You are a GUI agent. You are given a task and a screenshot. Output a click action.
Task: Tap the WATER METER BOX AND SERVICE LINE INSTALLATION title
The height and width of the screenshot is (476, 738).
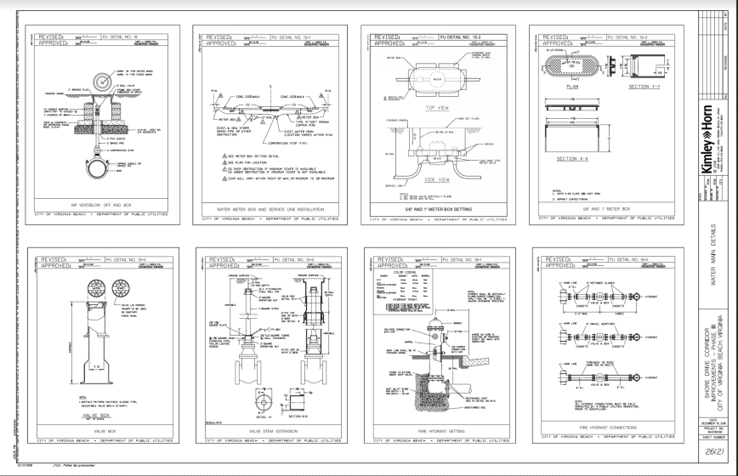point(266,205)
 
